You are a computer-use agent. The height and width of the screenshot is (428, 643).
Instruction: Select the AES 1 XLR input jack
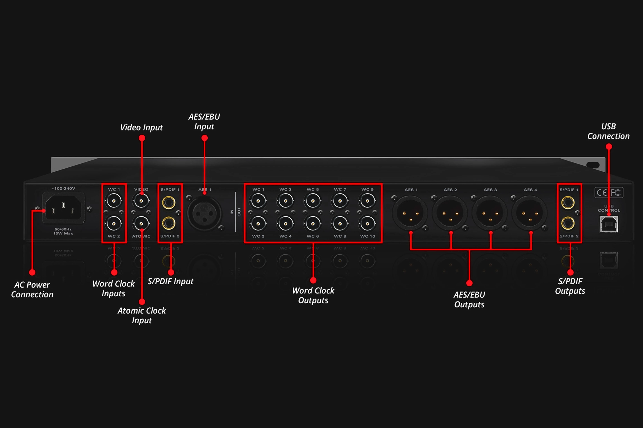click(204, 213)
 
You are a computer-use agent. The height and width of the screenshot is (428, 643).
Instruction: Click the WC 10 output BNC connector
click(367, 224)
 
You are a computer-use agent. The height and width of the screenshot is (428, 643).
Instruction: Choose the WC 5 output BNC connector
click(313, 201)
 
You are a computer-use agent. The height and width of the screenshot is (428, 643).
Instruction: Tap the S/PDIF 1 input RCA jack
click(169, 203)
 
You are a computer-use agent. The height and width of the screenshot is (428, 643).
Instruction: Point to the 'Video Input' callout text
click(142, 127)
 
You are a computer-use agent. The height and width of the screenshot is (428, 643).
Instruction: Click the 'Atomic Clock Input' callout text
click(142, 315)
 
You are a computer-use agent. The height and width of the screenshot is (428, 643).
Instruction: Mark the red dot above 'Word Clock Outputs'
click(313, 280)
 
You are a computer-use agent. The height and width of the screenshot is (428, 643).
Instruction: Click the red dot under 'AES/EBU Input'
click(204, 138)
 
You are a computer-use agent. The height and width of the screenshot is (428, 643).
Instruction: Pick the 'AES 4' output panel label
click(530, 190)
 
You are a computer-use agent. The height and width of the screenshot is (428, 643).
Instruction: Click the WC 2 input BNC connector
click(113, 224)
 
